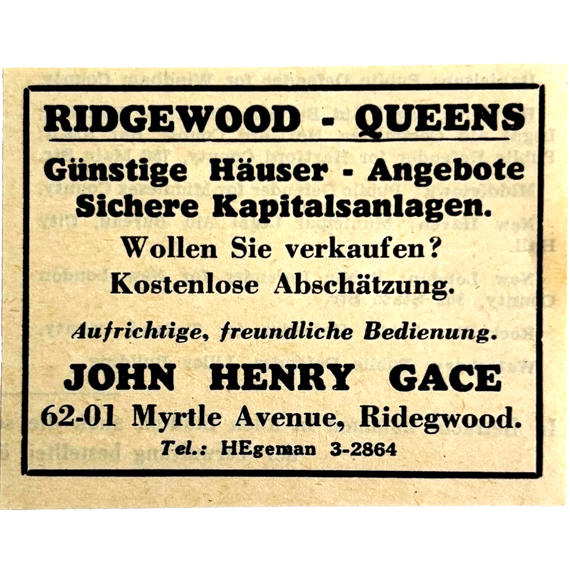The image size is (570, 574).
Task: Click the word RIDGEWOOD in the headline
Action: (171, 118)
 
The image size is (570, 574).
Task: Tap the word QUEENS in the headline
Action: (439, 118)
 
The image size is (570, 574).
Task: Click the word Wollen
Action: (170, 248)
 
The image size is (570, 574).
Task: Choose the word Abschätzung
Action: (362, 285)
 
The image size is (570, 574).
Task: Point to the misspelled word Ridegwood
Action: (441, 417)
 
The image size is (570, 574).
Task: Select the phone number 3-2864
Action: (363, 449)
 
